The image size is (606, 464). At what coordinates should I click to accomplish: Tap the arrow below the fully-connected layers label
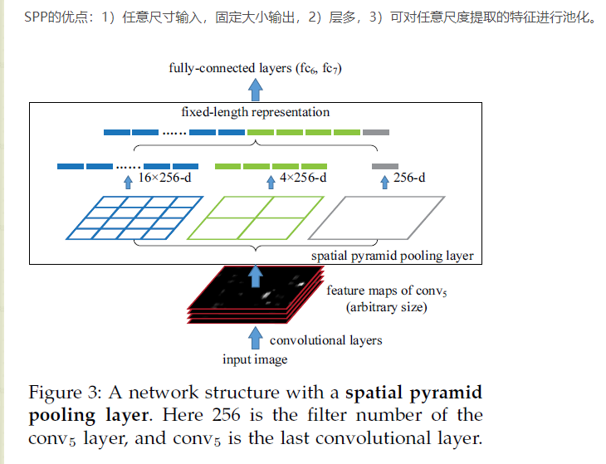(257, 87)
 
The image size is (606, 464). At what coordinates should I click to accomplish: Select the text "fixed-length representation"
(256, 112)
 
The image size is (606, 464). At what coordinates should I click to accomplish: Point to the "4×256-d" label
(303, 178)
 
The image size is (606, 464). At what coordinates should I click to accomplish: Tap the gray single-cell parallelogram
(389, 217)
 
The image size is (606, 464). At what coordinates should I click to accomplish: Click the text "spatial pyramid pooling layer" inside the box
(392, 256)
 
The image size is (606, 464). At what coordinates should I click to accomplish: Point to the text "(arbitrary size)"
(386, 307)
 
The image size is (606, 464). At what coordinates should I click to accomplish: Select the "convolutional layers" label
(326, 339)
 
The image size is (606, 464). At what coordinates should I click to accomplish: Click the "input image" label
(255, 359)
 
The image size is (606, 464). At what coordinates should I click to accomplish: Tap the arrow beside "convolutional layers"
(255, 338)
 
